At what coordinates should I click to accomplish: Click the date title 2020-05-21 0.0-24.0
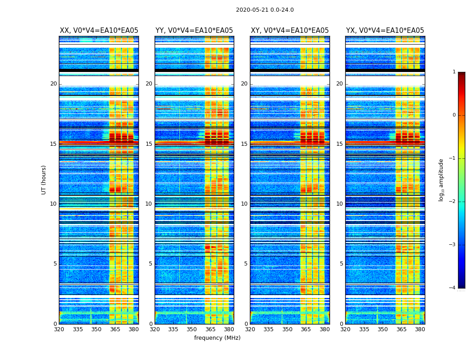(265, 10)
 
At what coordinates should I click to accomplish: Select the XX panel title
(99, 31)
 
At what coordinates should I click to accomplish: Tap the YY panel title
(194, 31)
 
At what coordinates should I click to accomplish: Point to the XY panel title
(289, 31)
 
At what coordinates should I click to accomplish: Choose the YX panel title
(385, 31)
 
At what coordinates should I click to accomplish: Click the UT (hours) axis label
(44, 180)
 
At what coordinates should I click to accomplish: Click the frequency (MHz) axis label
(217, 338)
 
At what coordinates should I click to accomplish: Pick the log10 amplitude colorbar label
(441, 180)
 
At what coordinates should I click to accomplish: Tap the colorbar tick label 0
(454, 115)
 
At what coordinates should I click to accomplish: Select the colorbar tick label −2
(453, 202)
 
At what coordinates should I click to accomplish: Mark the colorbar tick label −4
(453, 288)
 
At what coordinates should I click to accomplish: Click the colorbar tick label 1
(454, 72)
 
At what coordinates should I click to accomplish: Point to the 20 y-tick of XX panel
(53, 84)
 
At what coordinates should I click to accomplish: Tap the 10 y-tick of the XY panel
(244, 204)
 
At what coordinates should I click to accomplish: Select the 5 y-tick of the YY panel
(151, 264)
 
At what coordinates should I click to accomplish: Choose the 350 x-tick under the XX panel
(96, 329)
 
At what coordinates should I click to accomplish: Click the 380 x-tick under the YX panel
(420, 329)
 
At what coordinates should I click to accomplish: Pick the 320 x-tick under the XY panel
(250, 329)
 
